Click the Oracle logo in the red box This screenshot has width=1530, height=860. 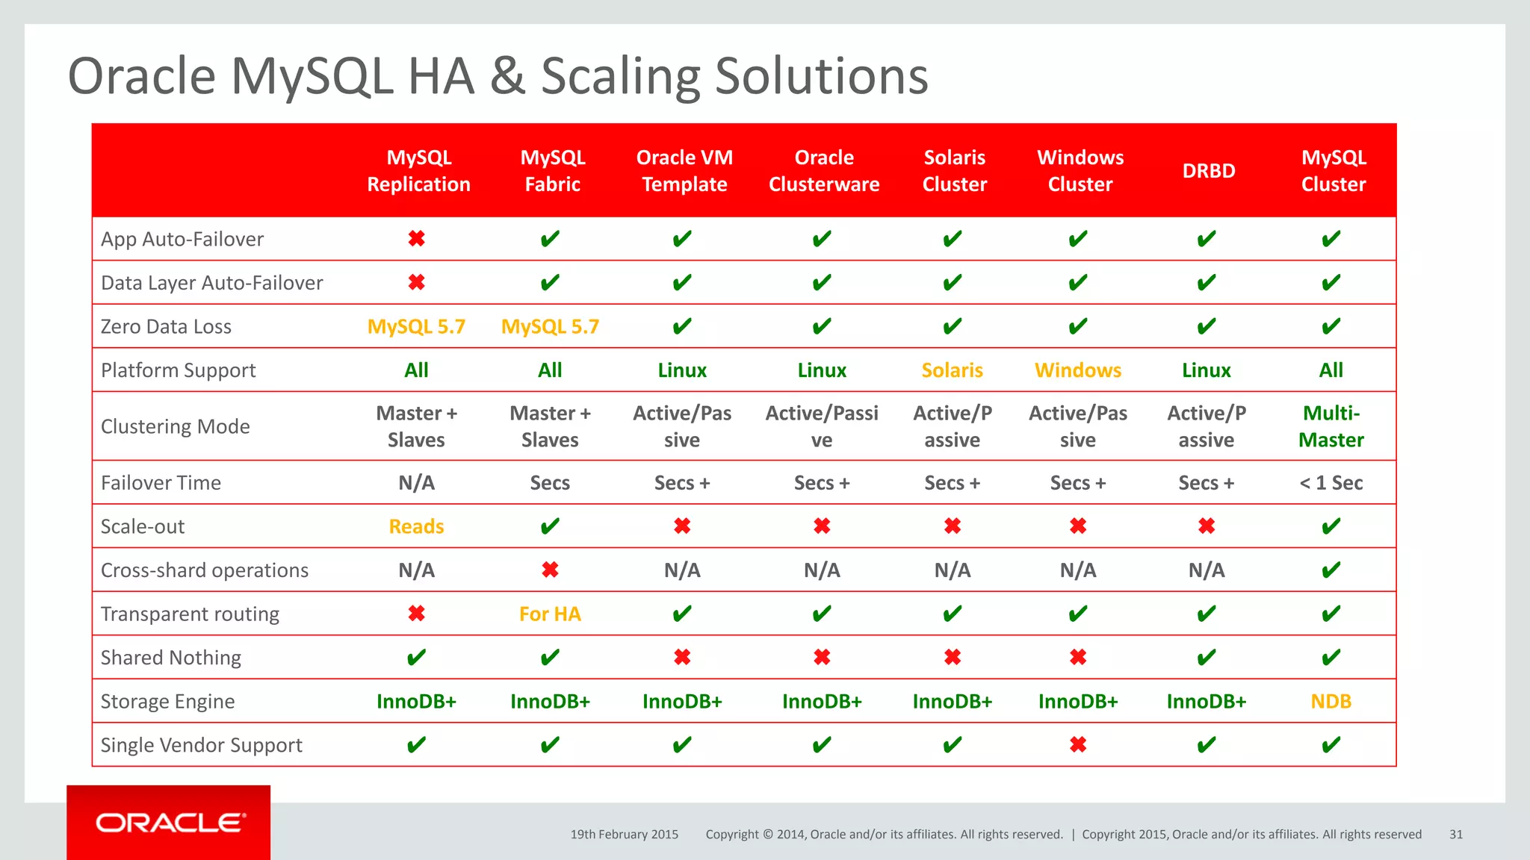[170, 823]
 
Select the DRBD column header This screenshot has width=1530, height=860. [1208, 171]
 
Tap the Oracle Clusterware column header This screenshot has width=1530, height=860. [823, 171]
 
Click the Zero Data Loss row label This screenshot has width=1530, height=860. [166, 327]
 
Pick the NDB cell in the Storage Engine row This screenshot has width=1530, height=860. [1331, 702]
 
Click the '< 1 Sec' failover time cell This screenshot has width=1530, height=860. [1331, 483]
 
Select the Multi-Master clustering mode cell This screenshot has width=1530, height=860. [1331, 426]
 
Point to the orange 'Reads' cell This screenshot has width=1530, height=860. [416, 527]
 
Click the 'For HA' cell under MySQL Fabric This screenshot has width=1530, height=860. [550, 614]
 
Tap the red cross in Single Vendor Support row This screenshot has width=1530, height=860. [1077, 745]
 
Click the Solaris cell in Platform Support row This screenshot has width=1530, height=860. [952, 370]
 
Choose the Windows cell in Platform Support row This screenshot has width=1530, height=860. [1077, 370]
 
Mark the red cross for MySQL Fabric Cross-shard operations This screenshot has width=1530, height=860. [550, 570]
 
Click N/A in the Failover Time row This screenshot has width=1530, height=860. [416, 483]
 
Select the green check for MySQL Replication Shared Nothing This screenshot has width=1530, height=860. [416, 658]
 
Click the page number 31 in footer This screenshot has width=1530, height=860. [1455, 835]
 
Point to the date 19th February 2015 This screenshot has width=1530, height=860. [624, 835]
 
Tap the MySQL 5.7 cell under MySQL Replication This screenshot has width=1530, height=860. [416, 327]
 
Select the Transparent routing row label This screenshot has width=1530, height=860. [190, 614]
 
